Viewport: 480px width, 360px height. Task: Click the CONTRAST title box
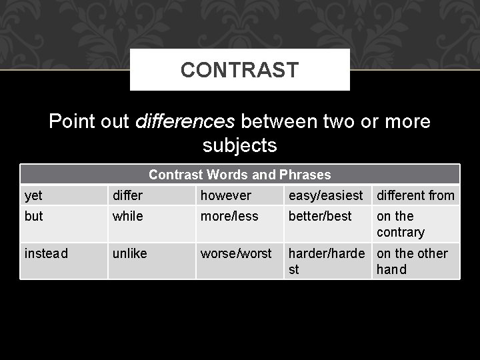tap(239, 69)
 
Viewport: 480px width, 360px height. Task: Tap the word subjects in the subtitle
tap(239, 145)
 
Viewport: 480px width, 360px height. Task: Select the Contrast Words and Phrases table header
tap(239, 175)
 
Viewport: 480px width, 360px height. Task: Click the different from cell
tap(415, 195)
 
